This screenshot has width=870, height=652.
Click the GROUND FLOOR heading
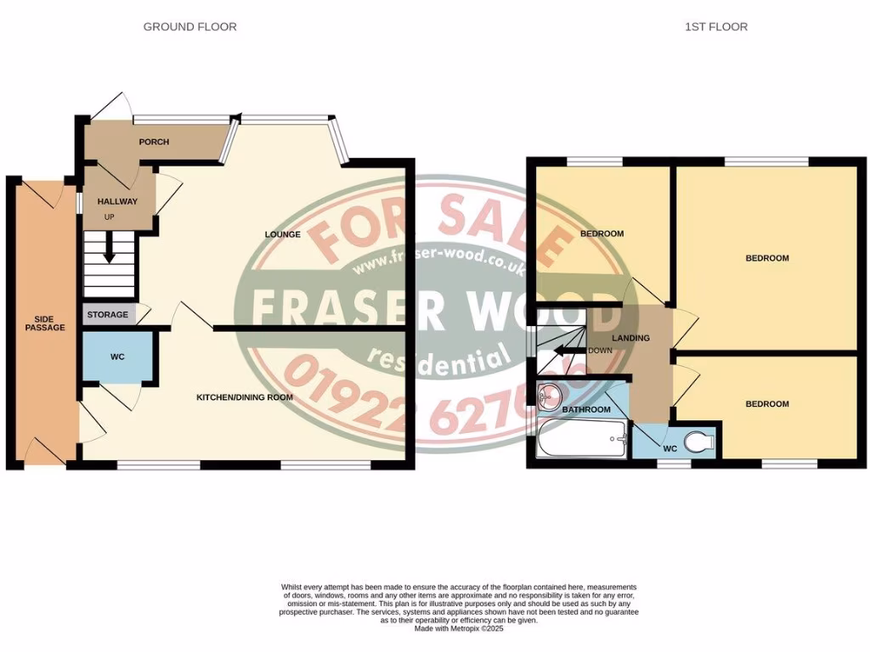[x=189, y=27]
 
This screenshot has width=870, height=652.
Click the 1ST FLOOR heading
[x=716, y=27]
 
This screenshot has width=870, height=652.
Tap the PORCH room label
[x=154, y=142]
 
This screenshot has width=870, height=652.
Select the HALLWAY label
[x=117, y=202]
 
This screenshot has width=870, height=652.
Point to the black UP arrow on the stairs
[x=110, y=248]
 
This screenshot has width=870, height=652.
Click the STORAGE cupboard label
[x=108, y=315]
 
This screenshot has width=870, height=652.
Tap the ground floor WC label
[x=117, y=357]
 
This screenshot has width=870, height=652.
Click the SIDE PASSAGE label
[x=44, y=323]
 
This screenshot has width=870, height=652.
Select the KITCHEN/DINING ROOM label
[x=245, y=397]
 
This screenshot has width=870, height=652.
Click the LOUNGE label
[x=283, y=234]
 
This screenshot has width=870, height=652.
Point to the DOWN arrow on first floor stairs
[x=565, y=351]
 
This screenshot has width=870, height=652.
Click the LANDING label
[x=632, y=338]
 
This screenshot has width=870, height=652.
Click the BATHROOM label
[x=586, y=410]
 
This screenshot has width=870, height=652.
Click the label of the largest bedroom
[x=767, y=258]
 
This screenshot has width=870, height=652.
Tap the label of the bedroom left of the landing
[x=602, y=233]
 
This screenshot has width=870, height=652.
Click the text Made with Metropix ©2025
[x=460, y=629]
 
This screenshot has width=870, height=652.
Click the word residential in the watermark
[x=438, y=360]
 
